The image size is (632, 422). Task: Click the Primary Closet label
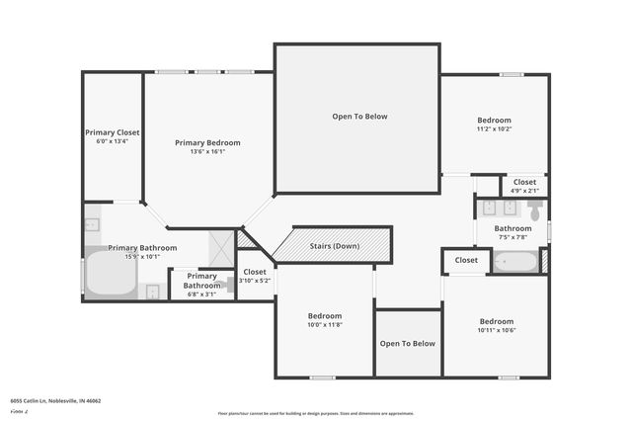(112, 132)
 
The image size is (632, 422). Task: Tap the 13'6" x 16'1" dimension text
(207, 152)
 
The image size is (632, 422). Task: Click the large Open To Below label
(359, 117)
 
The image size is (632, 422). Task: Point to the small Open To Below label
(408, 343)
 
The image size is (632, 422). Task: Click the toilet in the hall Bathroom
(534, 211)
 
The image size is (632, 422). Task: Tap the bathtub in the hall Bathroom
(514, 262)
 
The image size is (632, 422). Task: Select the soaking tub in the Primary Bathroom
(110, 274)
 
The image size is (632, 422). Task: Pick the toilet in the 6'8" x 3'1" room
(226, 285)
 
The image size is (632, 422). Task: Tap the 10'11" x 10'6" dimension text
(497, 331)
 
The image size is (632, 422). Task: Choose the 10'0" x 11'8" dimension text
(325, 324)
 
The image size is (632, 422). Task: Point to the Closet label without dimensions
(466, 260)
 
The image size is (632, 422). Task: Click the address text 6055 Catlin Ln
(55, 401)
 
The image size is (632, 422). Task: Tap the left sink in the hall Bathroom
(489, 208)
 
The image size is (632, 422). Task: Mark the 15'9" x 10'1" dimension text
(143, 257)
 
